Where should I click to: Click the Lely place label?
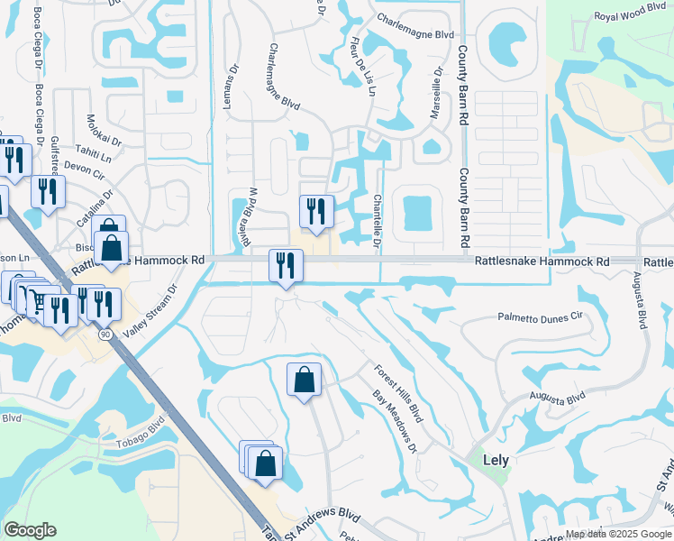tap(496, 460)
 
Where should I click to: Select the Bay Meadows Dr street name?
tap(396, 422)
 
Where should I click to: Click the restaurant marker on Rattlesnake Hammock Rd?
tap(286, 265)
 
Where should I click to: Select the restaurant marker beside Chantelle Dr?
tap(316, 212)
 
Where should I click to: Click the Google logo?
tap(30, 530)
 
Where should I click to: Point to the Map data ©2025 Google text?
tap(618, 534)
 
